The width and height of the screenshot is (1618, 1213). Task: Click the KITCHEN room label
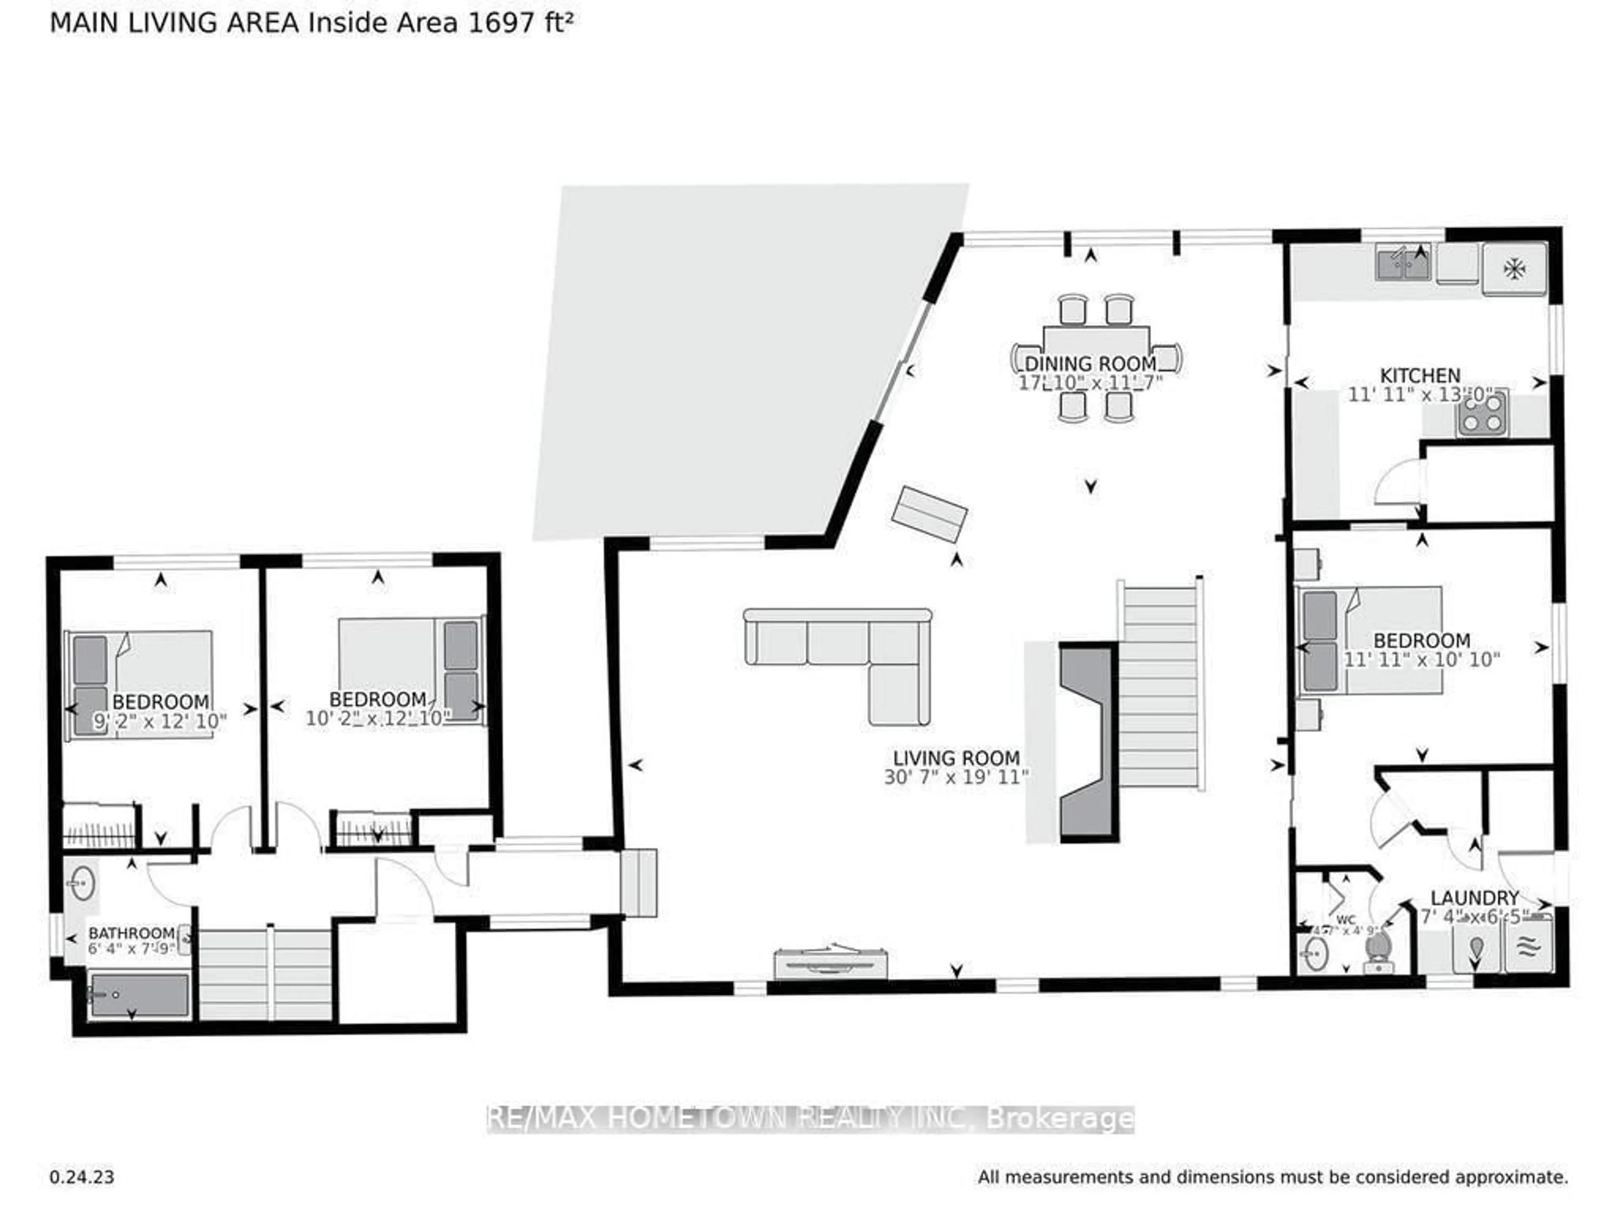(1420, 376)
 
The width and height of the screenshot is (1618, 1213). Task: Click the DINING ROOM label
(1090, 363)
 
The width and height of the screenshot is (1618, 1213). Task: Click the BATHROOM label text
(131, 934)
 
